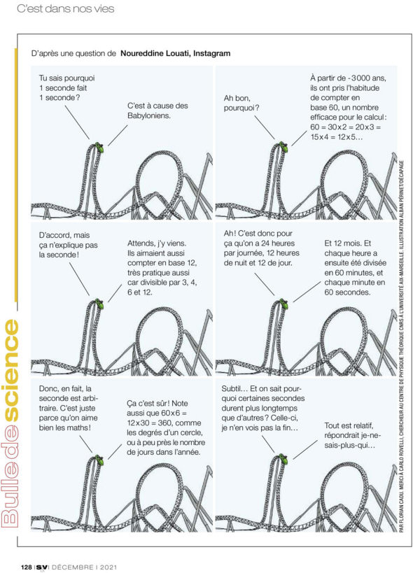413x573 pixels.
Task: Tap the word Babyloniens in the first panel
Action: (149, 115)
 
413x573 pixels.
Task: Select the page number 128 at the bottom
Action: (27, 567)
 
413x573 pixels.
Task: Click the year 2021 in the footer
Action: (108, 567)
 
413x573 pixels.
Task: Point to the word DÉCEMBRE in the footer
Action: (72, 567)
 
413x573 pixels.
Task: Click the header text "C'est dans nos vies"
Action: (66, 8)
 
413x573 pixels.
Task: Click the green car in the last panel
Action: (283, 458)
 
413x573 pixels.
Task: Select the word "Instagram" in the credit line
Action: (212, 53)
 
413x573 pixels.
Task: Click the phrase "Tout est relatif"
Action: (349, 426)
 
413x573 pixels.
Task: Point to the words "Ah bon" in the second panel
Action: (237, 98)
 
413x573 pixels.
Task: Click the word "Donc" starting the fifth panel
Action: (48, 388)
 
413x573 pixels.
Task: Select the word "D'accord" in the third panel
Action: (54, 235)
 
